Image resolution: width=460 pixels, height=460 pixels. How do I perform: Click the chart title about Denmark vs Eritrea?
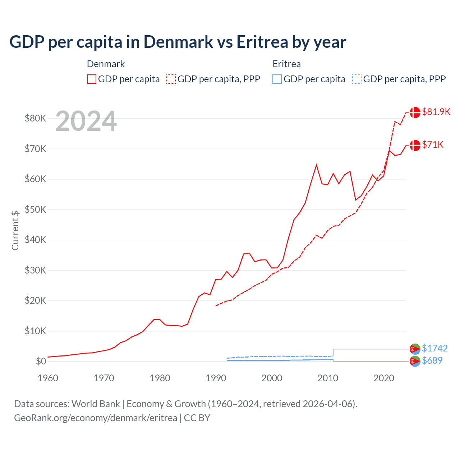(178, 42)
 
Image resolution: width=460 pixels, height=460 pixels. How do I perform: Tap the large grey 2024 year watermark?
(86, 121)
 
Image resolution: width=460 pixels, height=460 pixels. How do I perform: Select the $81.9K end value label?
(436, 112)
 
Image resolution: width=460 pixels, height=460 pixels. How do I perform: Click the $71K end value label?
(433, 144)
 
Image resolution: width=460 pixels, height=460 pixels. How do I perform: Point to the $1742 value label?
(434, 348)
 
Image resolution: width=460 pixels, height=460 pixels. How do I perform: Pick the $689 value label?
(432, 360)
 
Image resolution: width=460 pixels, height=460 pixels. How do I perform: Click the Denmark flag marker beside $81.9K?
(415, 112)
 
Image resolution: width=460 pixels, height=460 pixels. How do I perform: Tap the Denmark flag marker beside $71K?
(415, 145)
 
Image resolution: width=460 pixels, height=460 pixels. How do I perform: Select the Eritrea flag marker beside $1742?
(415, 349)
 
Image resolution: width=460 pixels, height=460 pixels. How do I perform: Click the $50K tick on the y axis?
(35, 210)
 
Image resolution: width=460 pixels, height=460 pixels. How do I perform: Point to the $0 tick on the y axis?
(41, 362)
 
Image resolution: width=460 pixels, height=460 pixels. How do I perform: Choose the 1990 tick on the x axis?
(216, 378)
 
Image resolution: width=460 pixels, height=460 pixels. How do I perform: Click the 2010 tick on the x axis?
(328, 378)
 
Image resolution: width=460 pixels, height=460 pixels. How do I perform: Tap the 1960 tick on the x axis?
(48, 378)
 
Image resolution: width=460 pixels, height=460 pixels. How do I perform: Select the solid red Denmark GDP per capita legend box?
(92, 79)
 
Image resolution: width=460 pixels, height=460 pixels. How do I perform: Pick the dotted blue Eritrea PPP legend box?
(357, 79)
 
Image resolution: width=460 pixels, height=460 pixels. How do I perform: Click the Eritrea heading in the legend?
(286, 64)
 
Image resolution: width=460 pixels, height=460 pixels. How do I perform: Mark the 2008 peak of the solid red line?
(316, 165)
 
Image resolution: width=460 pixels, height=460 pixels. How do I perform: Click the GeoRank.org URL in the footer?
(96, 418)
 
